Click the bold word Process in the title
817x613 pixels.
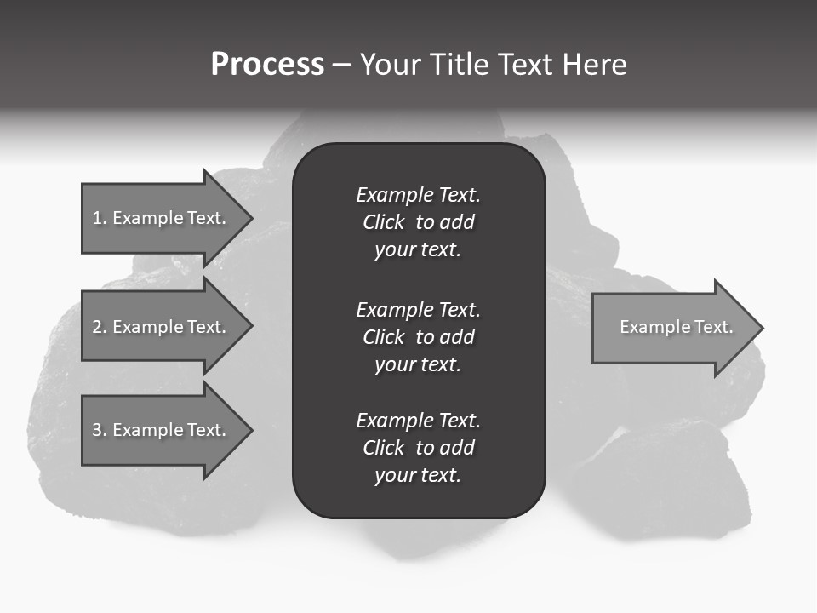pos(267,65)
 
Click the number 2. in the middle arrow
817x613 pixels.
pos(100,327)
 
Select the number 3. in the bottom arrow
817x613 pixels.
pos(100,430)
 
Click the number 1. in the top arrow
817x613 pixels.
pos(100,218)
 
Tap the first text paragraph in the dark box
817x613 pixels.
pos(418,222)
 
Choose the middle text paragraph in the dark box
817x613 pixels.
pos(418,337)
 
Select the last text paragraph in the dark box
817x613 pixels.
pos(418,448)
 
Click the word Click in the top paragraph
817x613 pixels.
pos(383,222)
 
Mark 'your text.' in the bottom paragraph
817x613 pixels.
pos(418,475)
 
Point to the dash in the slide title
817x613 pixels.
pos(341,65)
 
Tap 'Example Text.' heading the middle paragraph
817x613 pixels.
pos(418,310)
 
